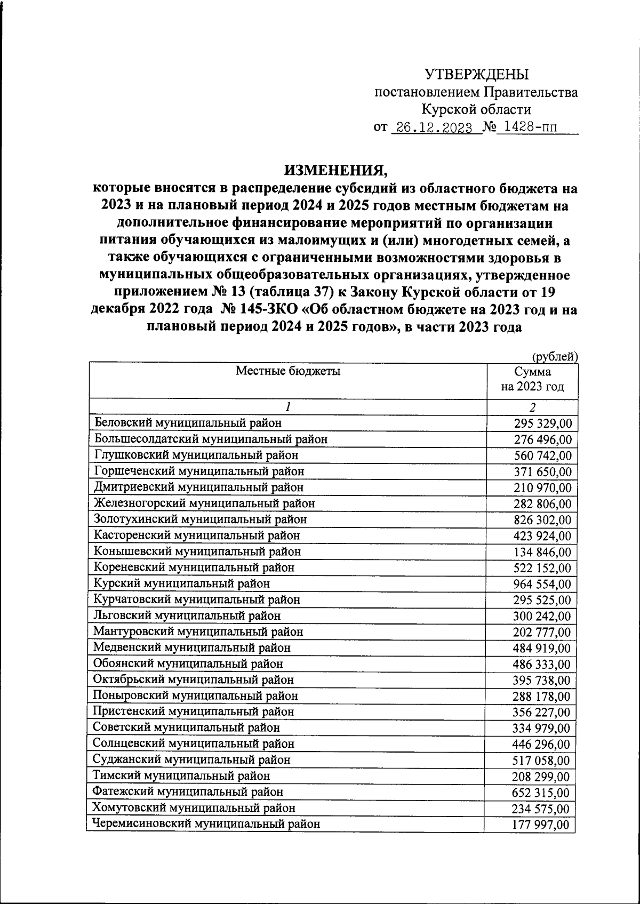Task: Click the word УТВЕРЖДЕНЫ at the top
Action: [x=476, y=75]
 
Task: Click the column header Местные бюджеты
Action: [x=288, y=371]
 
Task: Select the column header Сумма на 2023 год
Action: [x=532, y=379]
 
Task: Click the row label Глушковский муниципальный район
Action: [x=196, y=455]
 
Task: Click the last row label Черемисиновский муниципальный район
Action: [x=206, y=823]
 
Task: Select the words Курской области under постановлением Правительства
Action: [x=476, y=110]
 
